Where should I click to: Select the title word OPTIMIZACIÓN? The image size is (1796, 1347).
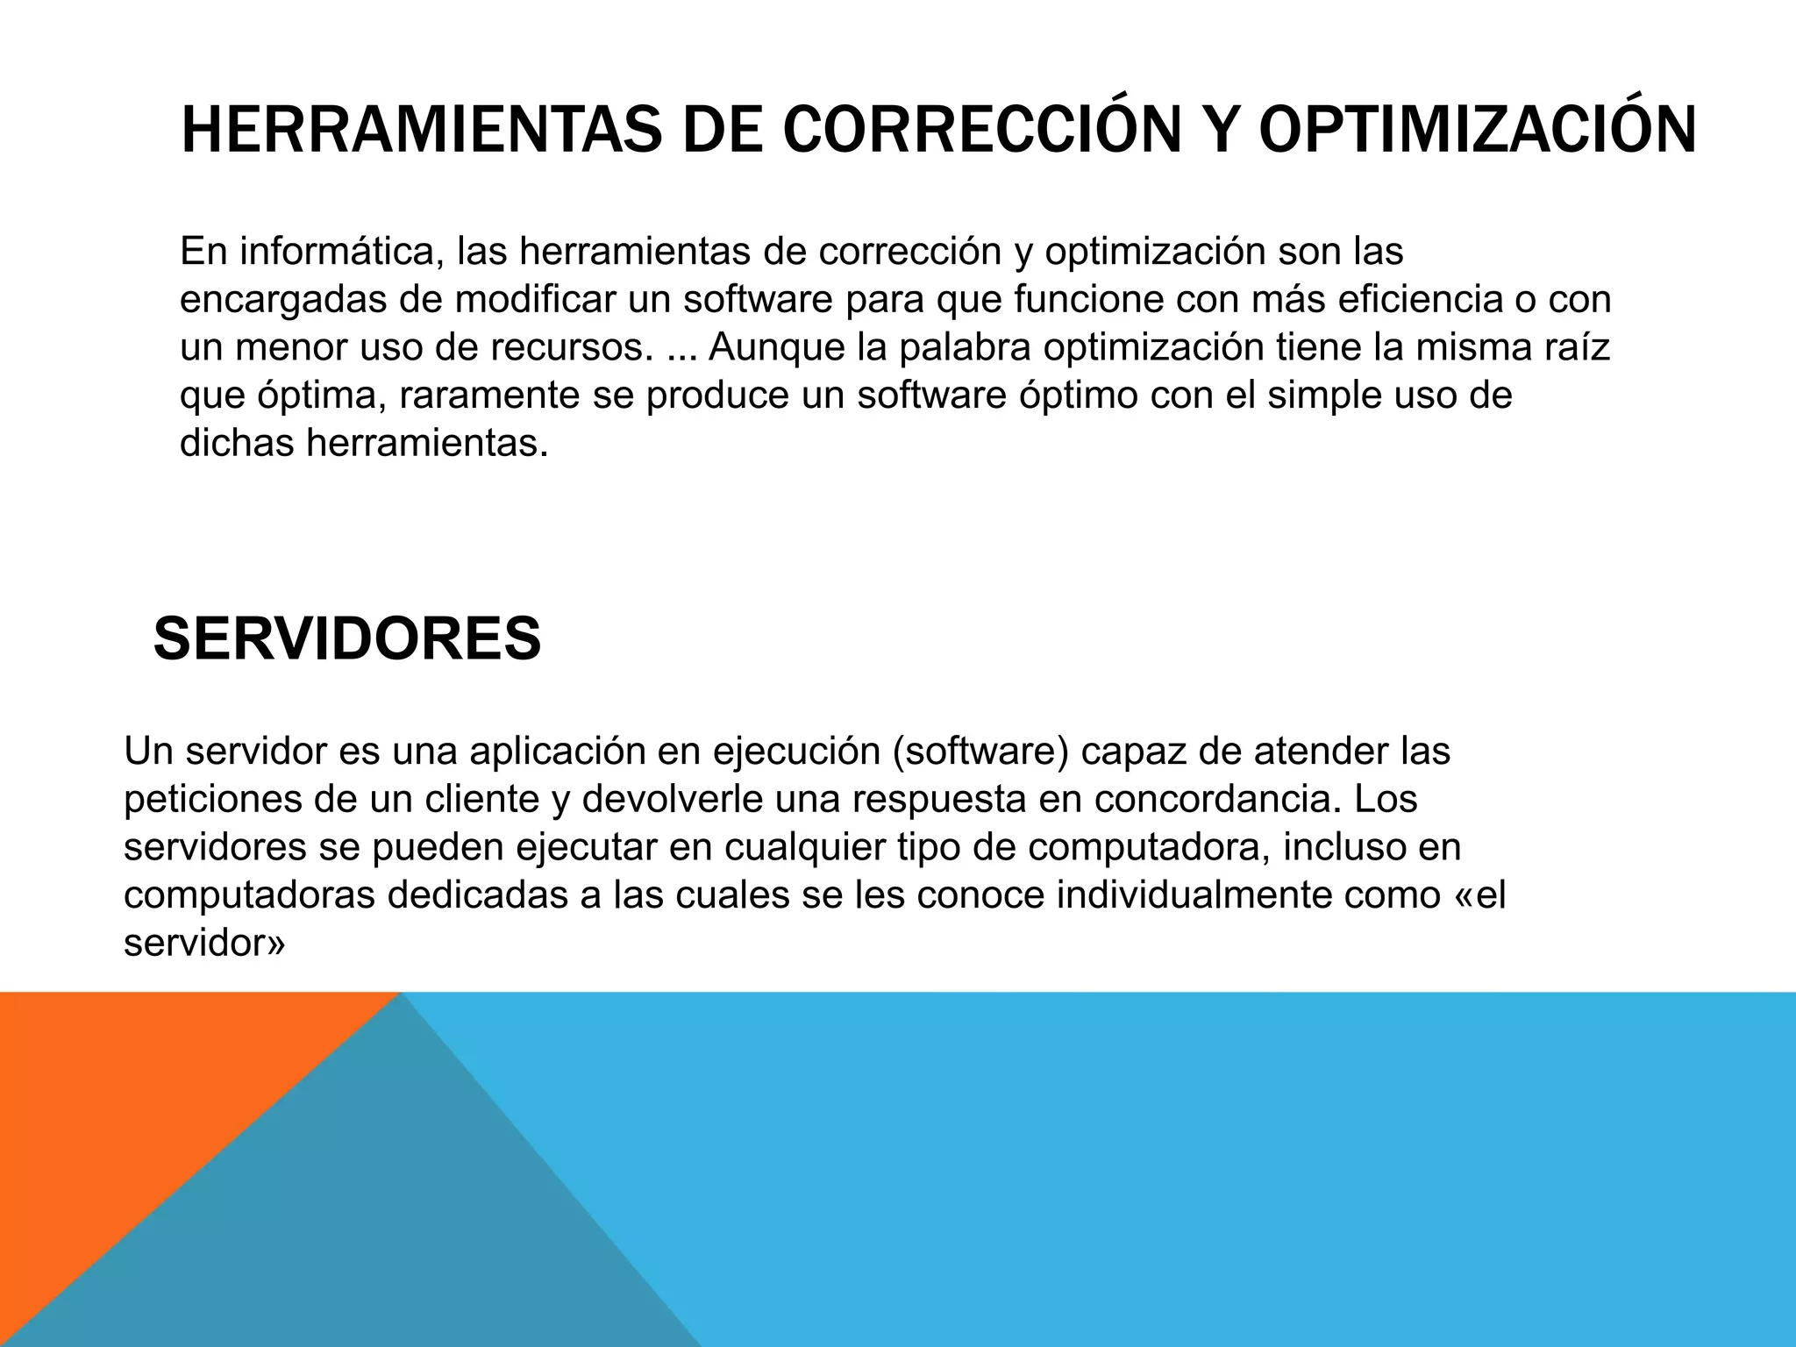coord(1477,130)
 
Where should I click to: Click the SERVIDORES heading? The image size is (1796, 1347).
coord(347,638)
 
